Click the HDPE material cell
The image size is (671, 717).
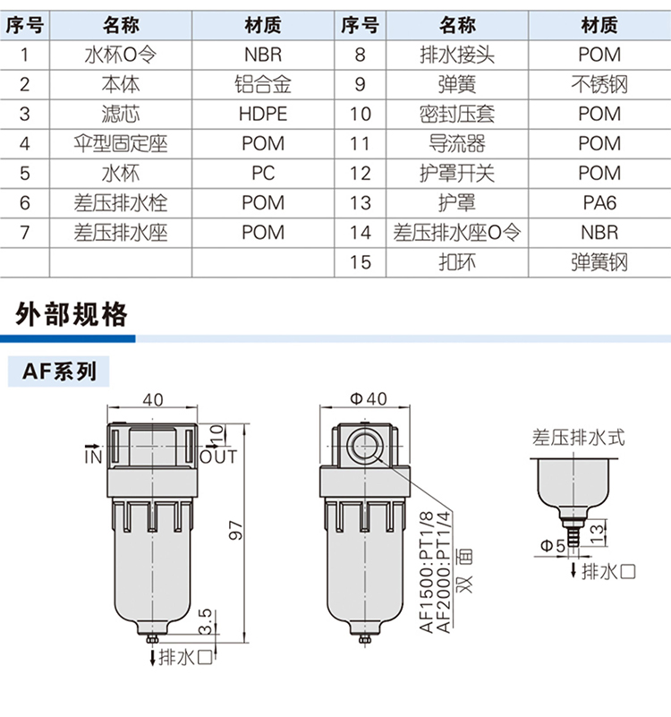click(263, 114)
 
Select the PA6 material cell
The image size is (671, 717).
click(599, 202)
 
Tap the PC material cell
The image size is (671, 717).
click(263, 173)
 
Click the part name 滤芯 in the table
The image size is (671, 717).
click(120, 114)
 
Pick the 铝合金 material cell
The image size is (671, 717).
click(263, 84)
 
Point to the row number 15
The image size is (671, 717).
click(361, 262)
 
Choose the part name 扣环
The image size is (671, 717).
click(457, 262)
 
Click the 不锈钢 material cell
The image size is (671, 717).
click(599, 84)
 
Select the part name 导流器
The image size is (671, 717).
click(457, 143)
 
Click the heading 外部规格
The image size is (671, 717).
click(72, 314)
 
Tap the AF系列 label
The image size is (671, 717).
click(59, 371)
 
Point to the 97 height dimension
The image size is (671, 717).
click(235, 530)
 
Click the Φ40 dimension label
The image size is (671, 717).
click(369, 398)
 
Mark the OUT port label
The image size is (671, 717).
click(218, 457)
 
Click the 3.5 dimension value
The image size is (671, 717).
click(206, 621)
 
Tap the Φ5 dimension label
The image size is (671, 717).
click(553, 545)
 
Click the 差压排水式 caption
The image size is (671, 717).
click(578, 438)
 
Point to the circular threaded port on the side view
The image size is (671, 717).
click(364, 447)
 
